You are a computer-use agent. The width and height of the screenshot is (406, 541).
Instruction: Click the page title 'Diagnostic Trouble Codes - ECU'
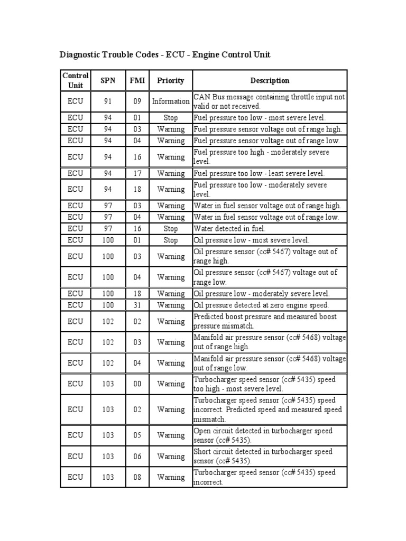pos(165,55)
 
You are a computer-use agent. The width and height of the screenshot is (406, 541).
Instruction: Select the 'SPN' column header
pos(108,81)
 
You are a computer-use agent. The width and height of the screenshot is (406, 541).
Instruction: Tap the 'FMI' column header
pos(137,81)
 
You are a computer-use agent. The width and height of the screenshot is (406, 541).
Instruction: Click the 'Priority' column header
pos(170,81)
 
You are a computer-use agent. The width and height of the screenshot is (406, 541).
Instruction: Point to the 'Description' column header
pos(270,81)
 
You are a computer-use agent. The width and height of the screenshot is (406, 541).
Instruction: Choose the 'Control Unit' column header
pos(75,81)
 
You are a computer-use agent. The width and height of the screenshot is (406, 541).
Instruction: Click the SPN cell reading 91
pos(108,101)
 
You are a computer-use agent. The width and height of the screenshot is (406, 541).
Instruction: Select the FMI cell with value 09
pos(137,101)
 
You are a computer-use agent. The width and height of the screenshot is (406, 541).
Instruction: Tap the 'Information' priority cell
pos(170,101)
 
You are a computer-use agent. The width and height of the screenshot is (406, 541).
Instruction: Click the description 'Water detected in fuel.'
pos(230,229)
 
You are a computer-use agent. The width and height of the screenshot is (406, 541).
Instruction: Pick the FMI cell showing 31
pos(137,305)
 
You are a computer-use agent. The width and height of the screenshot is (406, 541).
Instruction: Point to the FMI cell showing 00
pos(137,384)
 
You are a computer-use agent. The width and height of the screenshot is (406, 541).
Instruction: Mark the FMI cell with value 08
pos(137,477)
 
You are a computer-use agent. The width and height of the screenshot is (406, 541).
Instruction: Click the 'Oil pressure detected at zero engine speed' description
pos(261,305)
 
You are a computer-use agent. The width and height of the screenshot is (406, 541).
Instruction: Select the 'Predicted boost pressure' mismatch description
pos(265,321)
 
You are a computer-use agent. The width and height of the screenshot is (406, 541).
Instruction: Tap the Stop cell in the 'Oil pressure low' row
pos(170,240)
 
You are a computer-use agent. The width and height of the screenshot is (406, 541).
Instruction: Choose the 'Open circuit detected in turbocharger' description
pos(263,435)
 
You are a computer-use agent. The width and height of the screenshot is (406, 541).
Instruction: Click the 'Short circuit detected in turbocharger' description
pos(263,456)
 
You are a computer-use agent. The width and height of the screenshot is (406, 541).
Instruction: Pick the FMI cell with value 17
pos(137,173)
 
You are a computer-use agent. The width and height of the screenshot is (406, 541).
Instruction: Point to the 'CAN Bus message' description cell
pos(269,101)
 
